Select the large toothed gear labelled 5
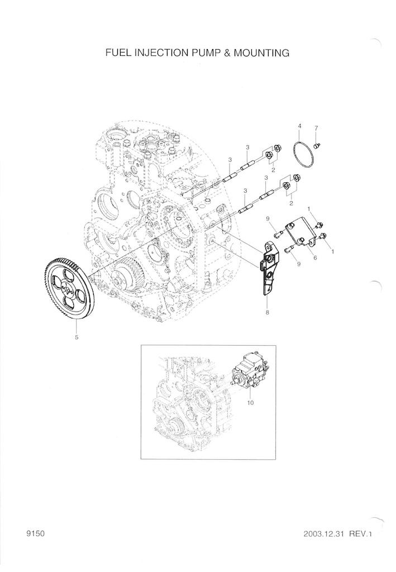coord(70,290)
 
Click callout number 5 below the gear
coord(77,337)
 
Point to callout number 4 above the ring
coord(299,126)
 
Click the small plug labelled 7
coord(317,146)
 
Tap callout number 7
coord(316,128)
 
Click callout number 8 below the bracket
coord(268,312)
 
